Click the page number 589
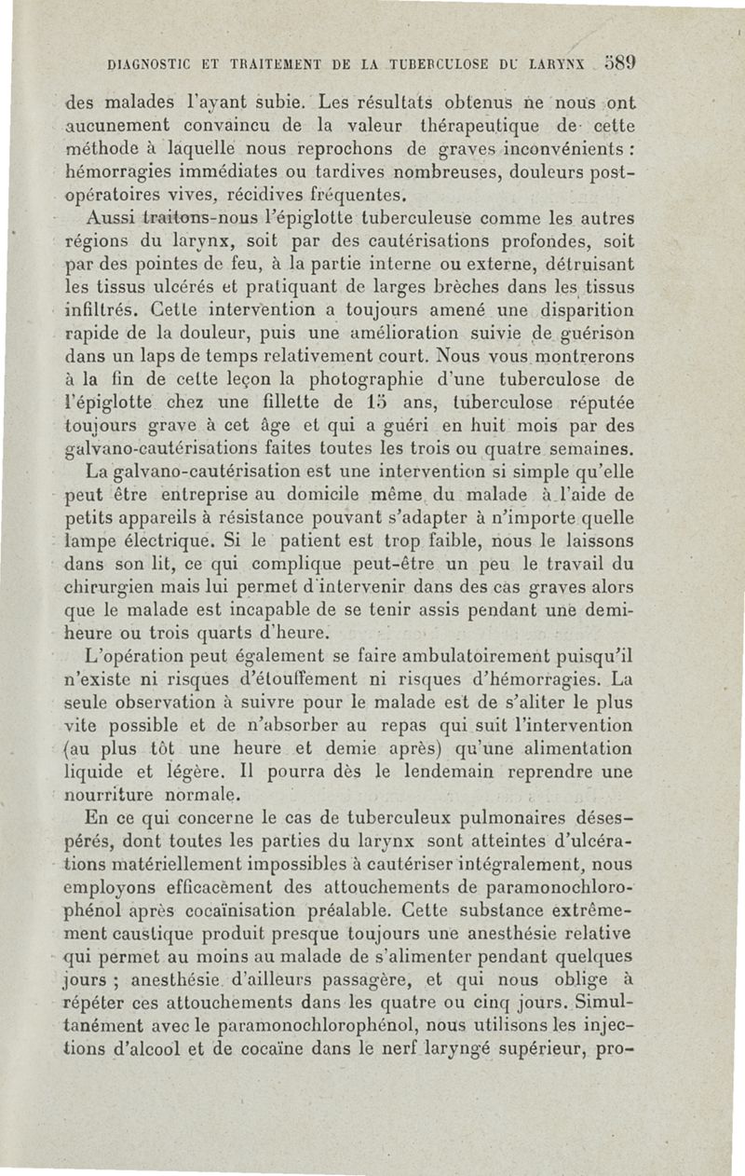click(617, 66)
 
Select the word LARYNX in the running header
click(556, 67)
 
